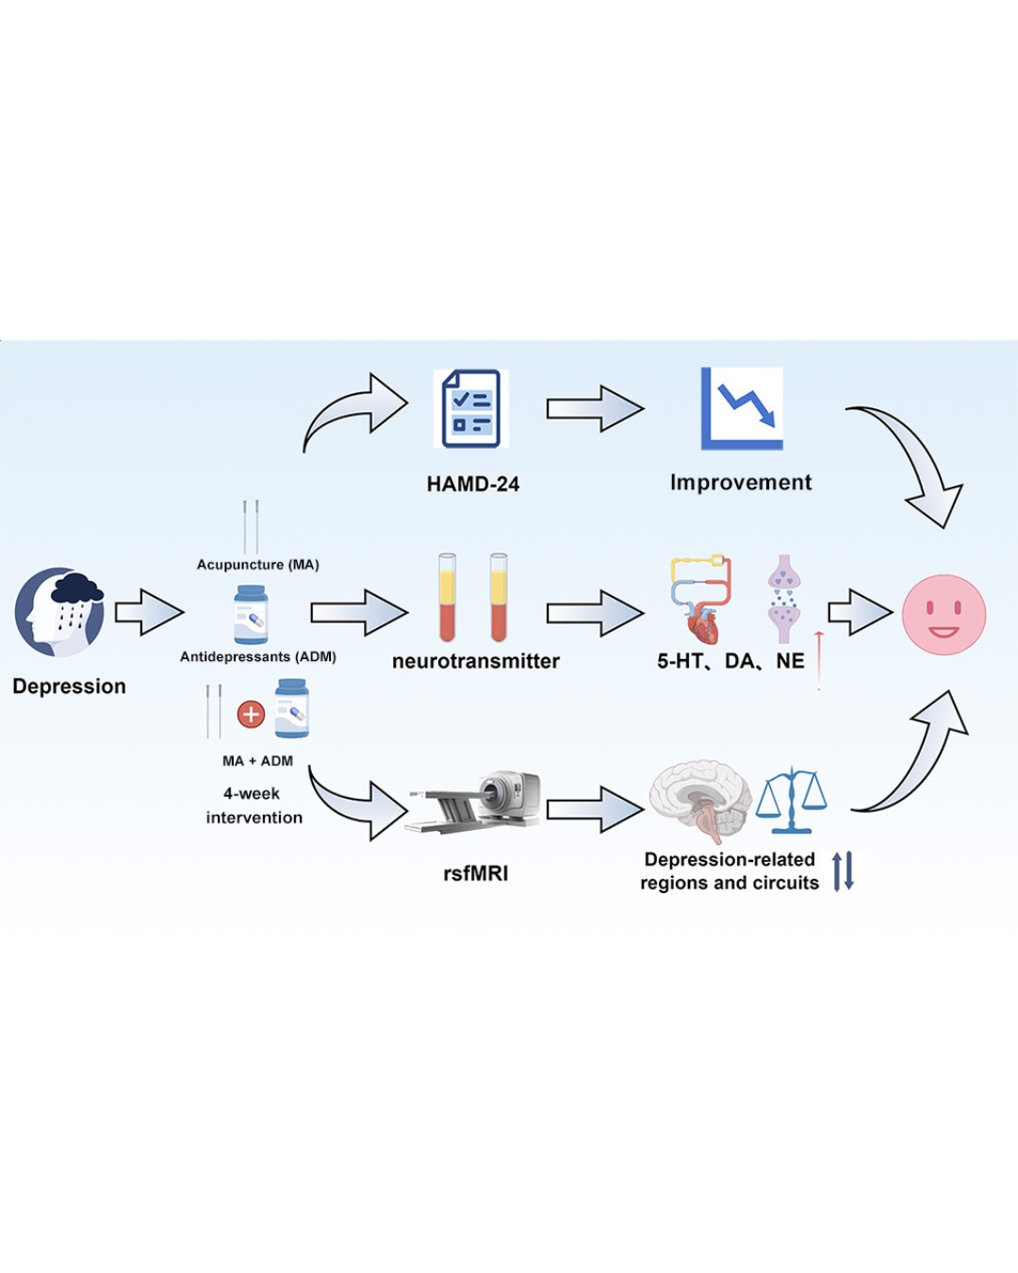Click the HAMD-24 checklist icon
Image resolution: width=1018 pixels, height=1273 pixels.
coord(471,409)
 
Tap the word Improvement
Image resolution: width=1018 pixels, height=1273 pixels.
coord(740,483)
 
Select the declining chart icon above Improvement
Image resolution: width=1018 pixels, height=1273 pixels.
coord(742,408)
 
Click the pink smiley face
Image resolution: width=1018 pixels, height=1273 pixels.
coord(944,615)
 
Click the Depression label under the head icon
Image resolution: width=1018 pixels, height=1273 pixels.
coord(69,686)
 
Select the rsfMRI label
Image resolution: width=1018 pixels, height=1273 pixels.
coord(475,873)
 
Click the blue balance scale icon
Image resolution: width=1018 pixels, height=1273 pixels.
coord(792,802)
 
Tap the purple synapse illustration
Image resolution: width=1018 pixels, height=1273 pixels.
coord(783,600)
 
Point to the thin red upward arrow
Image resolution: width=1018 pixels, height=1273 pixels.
coord(818,660)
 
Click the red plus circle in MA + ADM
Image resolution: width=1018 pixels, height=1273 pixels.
coord(251,715)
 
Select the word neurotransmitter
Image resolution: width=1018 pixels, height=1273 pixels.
coord(475,661)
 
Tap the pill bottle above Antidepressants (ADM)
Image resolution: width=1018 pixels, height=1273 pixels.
coord(251,615)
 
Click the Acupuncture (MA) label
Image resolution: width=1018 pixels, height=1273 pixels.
coord(257,565)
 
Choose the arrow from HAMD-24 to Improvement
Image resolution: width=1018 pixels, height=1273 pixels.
coord(595,409)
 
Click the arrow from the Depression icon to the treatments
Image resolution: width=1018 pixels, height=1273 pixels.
coord(149,613)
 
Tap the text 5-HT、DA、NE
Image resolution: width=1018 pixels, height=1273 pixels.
coord(731,661)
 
